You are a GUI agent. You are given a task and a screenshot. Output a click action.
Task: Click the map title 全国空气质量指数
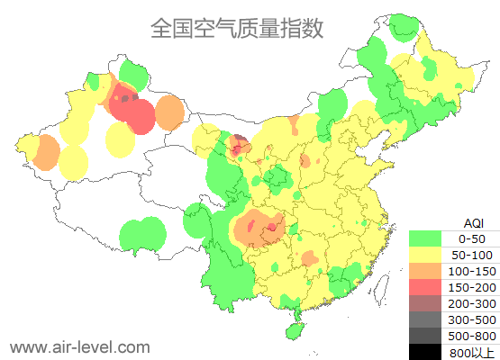click(237, 28)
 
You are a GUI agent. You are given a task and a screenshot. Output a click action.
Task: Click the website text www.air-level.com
click(79, 346)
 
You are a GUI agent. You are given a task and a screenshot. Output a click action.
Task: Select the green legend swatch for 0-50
click(424, 238)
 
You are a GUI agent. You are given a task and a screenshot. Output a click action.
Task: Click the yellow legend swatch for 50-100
click(424, 255)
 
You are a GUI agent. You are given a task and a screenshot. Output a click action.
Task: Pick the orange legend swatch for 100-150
click(424, 271)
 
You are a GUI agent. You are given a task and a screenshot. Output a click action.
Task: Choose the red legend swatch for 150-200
click(424, 287)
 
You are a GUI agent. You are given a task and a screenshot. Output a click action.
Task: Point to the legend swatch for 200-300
click(424, 303)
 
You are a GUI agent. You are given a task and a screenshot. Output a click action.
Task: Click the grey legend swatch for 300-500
click(424, 319)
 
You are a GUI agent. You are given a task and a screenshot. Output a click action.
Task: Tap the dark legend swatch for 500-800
click(424, 336)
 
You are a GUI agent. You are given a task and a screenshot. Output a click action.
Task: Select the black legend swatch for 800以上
click(424, 351)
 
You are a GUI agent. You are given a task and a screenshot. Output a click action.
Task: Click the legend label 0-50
click(471, 238)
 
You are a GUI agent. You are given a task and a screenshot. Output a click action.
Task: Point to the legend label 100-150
click(471, 271)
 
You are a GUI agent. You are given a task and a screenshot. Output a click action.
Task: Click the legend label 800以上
click(471, 352)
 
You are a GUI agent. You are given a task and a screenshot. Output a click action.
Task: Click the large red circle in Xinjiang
click(138, 115)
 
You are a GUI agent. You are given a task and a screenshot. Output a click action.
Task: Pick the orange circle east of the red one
click(168, 112)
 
